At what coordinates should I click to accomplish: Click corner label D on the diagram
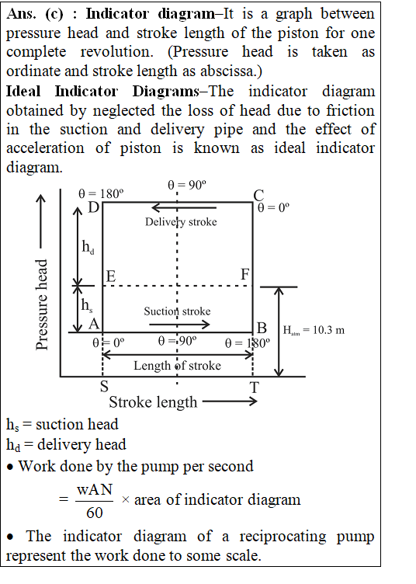[93, 207]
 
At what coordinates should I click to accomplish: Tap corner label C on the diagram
[258, 195]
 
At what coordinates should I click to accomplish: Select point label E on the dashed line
[111, 276]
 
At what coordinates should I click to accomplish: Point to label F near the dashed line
[244, 274]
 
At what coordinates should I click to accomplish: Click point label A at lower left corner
[94, 324]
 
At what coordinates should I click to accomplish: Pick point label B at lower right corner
[262, 328]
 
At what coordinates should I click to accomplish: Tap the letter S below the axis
[104, 386]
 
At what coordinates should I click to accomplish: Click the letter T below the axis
[255, 388]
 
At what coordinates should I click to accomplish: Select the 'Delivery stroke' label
[181, 222]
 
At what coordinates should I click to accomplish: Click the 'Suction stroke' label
[177, 311]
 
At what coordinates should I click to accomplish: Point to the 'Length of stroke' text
[177, 365]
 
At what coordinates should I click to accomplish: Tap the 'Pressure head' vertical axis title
[42, 304]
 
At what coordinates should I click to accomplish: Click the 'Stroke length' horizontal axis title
[153, 402]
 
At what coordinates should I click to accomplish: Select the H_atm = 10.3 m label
[314, 330]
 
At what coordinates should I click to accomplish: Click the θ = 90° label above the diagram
[187, 185]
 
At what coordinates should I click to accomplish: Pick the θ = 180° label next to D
[101, 193]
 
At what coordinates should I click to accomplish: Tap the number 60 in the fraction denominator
[95, 513]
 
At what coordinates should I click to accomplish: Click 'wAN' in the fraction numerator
[95, 489]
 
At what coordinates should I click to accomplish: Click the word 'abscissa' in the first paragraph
[227, 71]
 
